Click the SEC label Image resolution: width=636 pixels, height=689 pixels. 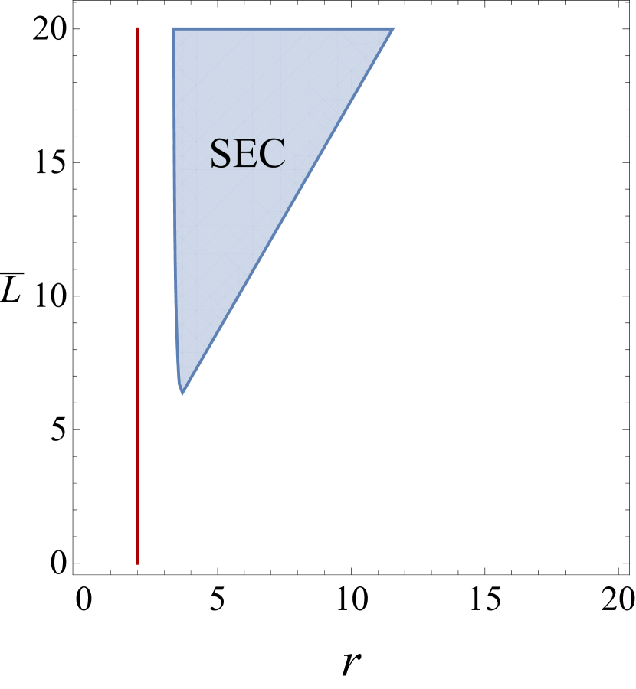(248, 154)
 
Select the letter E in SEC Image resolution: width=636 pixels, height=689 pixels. (247, 154)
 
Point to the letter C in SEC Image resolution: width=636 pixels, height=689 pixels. (273, 154)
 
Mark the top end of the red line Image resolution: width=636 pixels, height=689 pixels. (137, 28)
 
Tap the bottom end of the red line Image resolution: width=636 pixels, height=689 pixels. (137, 563)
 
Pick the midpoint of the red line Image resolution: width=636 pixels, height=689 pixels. (137, 296)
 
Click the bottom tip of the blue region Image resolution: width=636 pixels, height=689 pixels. (182, 395)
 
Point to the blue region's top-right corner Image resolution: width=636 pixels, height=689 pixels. (394, 28)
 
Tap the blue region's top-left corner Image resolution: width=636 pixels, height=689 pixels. (172, 28)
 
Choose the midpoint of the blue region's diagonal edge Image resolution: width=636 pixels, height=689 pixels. (288, 212)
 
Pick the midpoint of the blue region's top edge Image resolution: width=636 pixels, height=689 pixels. (284, 28)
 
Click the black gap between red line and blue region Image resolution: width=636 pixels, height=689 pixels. (155, 230)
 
